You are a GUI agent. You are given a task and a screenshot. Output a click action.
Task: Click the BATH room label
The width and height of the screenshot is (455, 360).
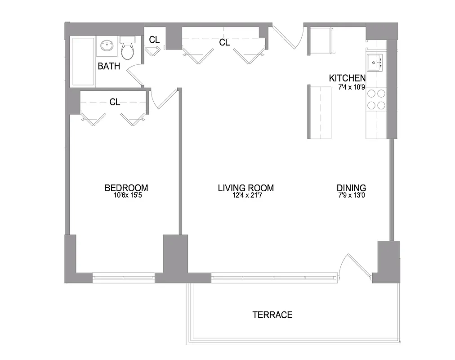pos(109,67)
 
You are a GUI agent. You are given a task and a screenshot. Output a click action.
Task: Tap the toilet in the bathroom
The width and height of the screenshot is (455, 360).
pos(128,49)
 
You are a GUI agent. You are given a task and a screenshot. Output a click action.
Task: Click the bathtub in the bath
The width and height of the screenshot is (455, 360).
pos(83,61)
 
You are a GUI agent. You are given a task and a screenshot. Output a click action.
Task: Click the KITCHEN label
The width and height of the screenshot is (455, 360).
pos(347,78)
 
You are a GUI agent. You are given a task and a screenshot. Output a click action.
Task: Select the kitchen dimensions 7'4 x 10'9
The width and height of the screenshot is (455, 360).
pos(351,87)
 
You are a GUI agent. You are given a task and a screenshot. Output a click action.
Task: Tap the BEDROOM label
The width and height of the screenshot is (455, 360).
pos(126,188)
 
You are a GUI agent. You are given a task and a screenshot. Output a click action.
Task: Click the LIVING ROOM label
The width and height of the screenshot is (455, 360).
pos(245,188)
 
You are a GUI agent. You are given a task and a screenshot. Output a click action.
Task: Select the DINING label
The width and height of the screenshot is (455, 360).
pos(351,188)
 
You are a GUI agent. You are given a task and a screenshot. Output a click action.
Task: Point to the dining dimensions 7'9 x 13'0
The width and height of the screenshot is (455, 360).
pos(351,196)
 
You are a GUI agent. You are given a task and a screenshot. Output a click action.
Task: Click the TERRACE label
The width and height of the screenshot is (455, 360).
pos(272,315)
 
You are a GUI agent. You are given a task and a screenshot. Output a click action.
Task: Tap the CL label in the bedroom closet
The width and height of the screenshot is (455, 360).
pos(115,102)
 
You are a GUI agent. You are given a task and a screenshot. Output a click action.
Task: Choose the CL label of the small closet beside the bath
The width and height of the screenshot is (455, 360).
pos(154,40)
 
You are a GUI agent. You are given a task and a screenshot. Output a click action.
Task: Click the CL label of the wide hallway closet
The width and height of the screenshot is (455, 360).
pos(224,43)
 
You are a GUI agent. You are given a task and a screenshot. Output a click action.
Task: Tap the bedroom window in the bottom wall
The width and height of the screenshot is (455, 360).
pos(124,278)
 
